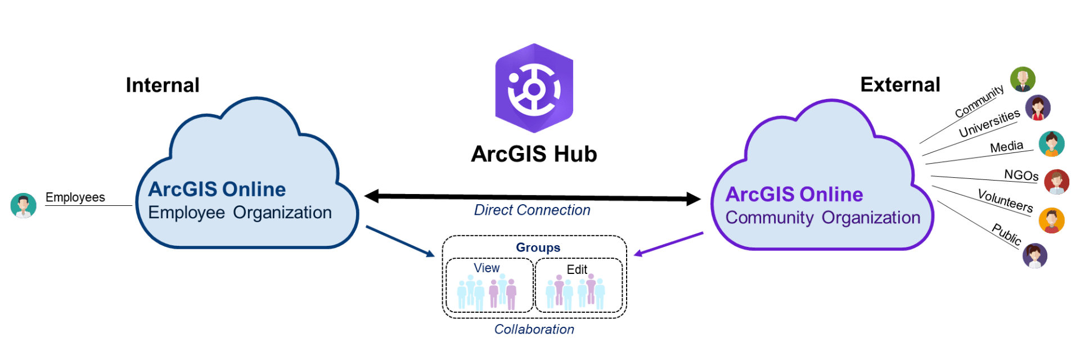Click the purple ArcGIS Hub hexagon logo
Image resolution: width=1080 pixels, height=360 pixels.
click(534, 88)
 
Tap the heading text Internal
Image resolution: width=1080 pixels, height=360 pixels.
click(163, 85)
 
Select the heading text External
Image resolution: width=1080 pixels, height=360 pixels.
click(900, 84)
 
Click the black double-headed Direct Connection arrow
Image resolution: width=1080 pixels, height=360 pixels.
click(532, 197)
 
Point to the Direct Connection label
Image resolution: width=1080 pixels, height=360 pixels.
click(532, 210)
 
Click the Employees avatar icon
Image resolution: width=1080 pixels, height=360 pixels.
click(23, 206)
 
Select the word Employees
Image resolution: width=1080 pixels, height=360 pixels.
click(75, 197)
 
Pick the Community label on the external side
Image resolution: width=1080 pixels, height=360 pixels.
click(979, 101)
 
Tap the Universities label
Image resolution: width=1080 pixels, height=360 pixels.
click(989, 124)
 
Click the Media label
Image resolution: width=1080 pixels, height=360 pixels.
click(1006, 147)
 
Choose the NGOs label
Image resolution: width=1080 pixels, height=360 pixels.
click(1021, 175)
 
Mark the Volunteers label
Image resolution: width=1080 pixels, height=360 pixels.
click(1005, 201)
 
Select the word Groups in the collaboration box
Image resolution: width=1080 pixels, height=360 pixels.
click(538, 247)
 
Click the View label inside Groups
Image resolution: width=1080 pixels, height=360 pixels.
click(487, 268)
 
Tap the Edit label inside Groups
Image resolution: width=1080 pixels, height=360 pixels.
click(577, 269)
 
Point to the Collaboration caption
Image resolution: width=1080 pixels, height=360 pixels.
click(534, 330)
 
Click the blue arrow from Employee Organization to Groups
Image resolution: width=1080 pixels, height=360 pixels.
click(400, 241)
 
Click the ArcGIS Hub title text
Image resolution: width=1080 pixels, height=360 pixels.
click(534, 154)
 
